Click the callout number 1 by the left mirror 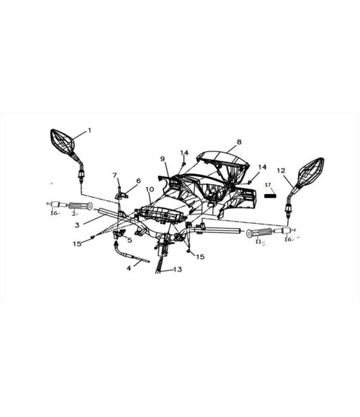pos(90,130)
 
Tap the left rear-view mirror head pos(63,142)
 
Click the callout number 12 pos(281,171)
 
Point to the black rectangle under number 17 pos(270,196)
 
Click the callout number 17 pos(268,184)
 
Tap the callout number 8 pos(239,142)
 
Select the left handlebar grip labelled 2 pos(81,206)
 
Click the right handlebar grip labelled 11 pos(259,233)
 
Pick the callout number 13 pos(177,269)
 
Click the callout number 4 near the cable pos(129,268)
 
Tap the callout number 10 pos(150,189)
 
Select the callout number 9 pos(162,159)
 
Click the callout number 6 pos(138,181)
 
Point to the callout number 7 pos(114,175)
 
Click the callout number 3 pos(77,225)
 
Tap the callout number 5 pos(129,240)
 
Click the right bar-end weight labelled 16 pos(287,231)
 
